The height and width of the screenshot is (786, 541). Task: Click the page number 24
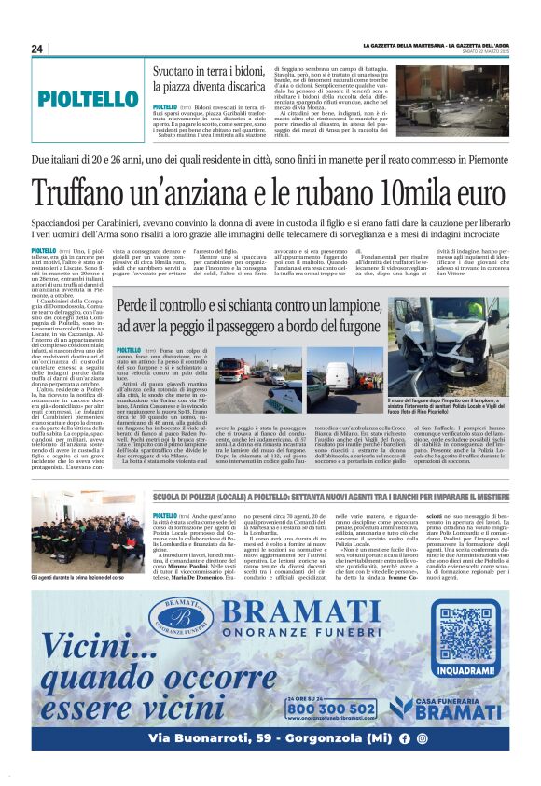[37, 48]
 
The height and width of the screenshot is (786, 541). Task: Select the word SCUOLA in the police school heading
[173, 498]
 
